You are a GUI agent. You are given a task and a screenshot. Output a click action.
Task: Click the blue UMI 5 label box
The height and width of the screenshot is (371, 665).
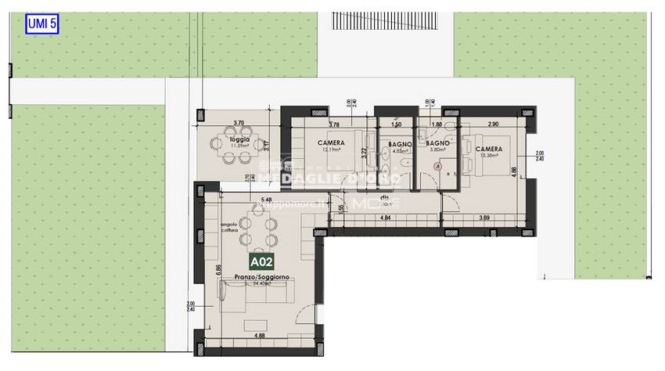[42, 23]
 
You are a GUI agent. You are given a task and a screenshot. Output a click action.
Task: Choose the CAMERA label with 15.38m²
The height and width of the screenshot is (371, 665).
[487, 149]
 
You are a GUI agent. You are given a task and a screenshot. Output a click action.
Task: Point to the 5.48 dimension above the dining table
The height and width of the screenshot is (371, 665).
[267, 200]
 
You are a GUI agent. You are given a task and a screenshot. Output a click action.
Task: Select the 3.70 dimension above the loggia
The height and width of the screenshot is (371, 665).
[239, 123]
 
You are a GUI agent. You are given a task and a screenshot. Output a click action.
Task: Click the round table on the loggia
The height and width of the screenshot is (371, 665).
[234, 157]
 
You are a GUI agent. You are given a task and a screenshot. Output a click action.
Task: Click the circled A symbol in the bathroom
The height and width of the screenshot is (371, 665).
[438, 167]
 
